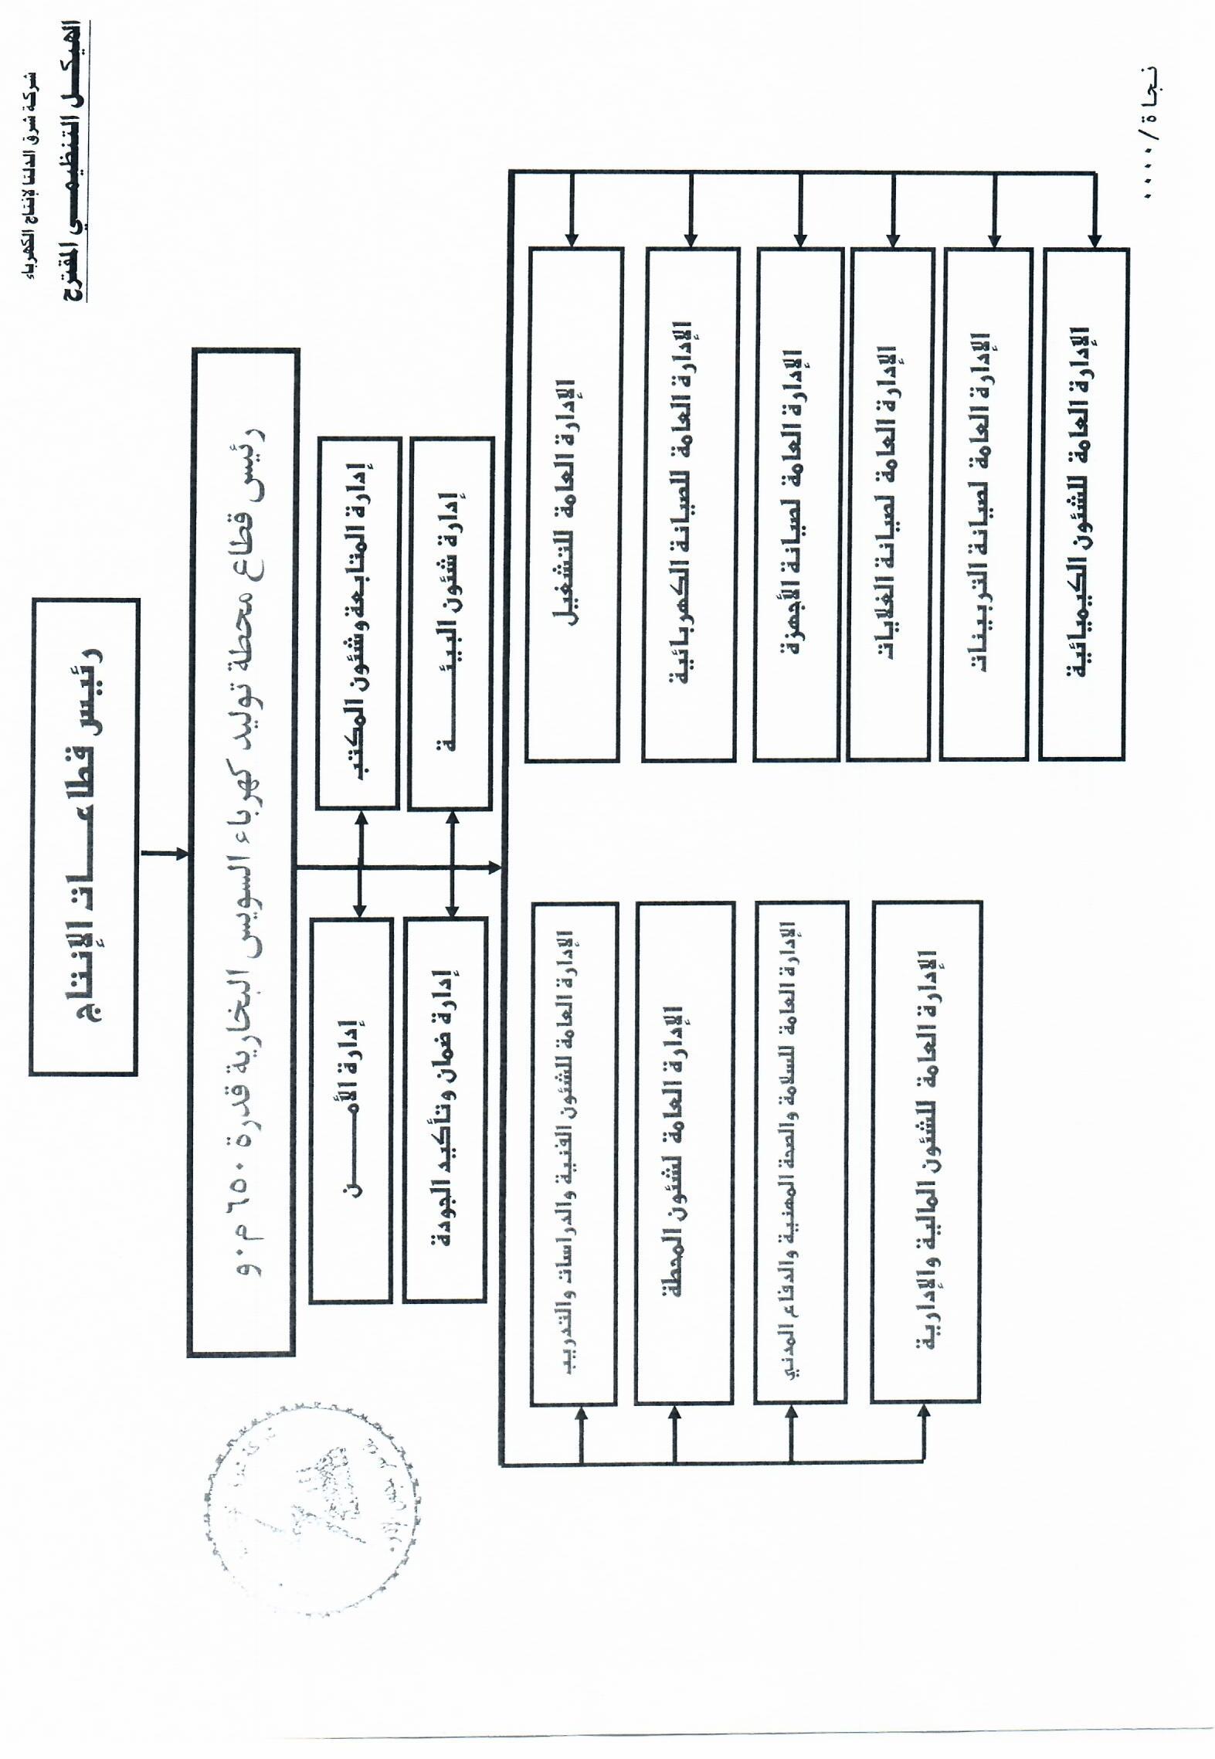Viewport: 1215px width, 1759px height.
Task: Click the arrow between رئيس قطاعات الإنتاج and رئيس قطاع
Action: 165,854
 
